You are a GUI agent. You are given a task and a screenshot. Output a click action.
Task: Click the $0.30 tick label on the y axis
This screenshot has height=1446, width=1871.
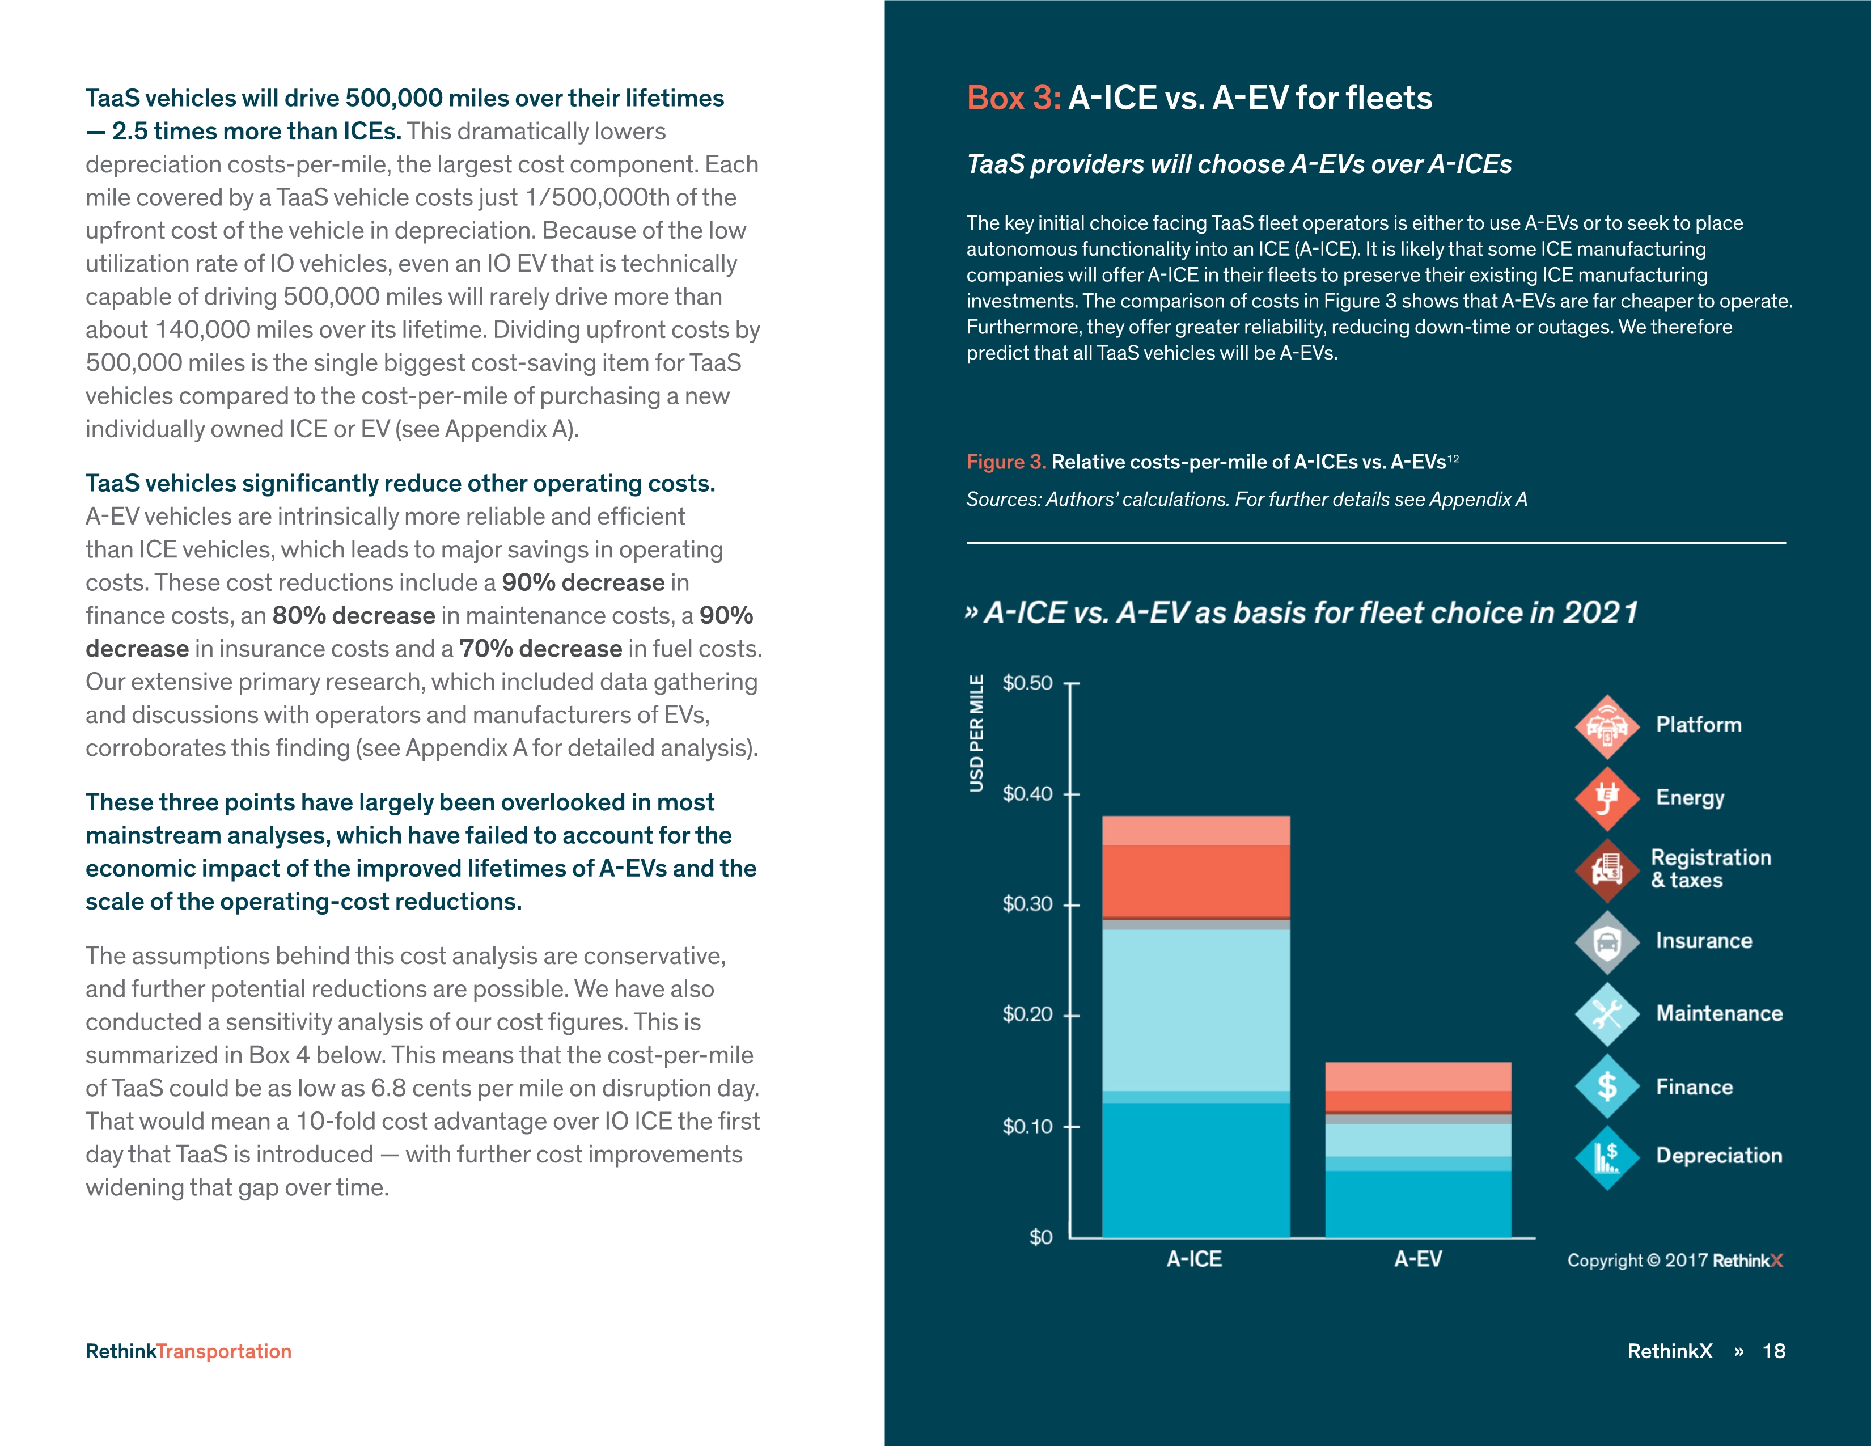(1027, 904)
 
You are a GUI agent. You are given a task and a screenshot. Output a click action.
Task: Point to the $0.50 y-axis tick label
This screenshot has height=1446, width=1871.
(1027, 683)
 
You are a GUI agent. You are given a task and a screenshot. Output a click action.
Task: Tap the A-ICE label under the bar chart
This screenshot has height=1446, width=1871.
(1194, 1258)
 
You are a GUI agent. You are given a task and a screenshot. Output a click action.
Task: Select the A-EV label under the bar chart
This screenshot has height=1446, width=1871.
(1418, 1258)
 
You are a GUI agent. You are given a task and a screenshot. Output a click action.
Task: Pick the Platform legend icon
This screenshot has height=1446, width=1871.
(1607, 726)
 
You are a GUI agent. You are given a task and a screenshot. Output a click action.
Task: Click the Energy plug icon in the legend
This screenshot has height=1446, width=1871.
(1607, 798)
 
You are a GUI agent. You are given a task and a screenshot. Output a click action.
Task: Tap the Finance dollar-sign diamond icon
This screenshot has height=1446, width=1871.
(1607, 1086)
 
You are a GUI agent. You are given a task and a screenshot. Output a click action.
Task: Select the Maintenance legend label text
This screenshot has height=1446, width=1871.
(1718, 1013)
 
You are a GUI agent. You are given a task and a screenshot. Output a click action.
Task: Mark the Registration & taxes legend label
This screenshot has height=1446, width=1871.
(1710, 869)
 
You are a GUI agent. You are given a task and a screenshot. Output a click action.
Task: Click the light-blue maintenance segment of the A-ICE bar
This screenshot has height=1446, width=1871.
(1196, 1009)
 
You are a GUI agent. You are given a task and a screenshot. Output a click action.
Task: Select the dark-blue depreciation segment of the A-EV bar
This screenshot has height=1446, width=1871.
(1418, 1203)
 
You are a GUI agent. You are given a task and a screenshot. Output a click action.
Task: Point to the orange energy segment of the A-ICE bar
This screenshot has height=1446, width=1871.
(1196, 881)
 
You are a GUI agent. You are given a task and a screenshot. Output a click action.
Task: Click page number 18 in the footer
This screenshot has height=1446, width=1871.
(1773, 1351)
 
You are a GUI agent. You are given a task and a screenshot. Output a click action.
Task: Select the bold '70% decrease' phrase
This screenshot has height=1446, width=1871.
(540, 649)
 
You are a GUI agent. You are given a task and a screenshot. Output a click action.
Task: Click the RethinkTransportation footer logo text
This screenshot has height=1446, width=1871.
(188, 1351)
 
